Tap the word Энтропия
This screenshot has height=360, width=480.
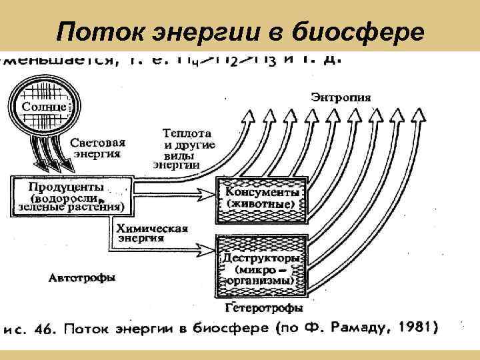click(341, 98)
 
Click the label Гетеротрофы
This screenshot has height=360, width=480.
click(264, 309)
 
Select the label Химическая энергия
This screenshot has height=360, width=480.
click(153, 233)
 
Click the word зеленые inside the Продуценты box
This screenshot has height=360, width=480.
click(34, 207)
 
